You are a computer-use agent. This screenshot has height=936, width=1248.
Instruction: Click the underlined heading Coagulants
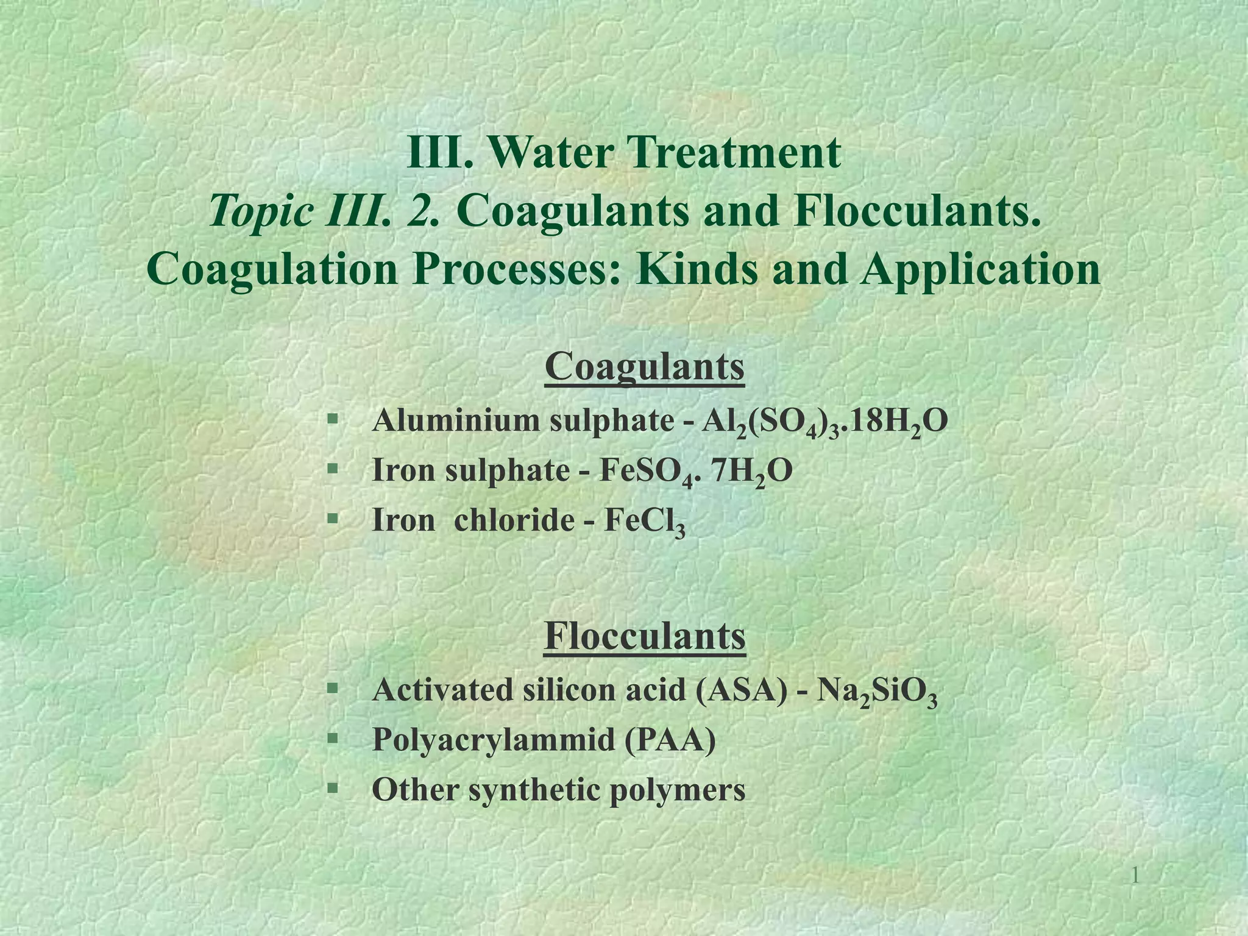click(x=645, y=367)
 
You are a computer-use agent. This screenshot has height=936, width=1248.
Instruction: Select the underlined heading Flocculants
click(x=645, y=636)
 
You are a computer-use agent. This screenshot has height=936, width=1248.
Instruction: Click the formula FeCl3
click(x=645, y=522)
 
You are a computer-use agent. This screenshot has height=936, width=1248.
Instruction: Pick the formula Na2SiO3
click(x=877, y=691)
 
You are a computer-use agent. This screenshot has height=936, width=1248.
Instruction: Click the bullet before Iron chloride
click(x=332, y=519)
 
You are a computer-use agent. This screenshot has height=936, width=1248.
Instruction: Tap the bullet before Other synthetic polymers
click(x=332, y=789)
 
